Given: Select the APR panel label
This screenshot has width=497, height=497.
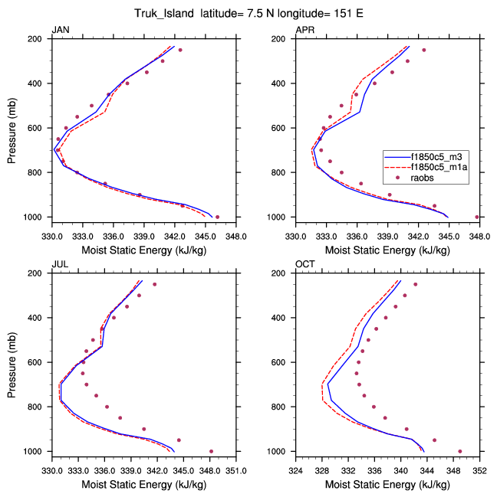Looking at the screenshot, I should coord(305,30).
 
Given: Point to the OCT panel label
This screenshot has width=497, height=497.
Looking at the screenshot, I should coord(305,264).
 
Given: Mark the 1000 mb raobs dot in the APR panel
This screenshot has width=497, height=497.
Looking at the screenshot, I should coord(477,217).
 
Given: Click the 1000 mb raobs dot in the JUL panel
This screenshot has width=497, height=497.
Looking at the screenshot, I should coord(211,451).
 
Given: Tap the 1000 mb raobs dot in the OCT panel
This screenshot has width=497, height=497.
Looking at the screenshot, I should coord(460,451).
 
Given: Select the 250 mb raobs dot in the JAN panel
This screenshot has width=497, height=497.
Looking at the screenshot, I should coord(180,50).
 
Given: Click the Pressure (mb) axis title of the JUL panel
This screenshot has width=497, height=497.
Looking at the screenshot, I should coord(12,362).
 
